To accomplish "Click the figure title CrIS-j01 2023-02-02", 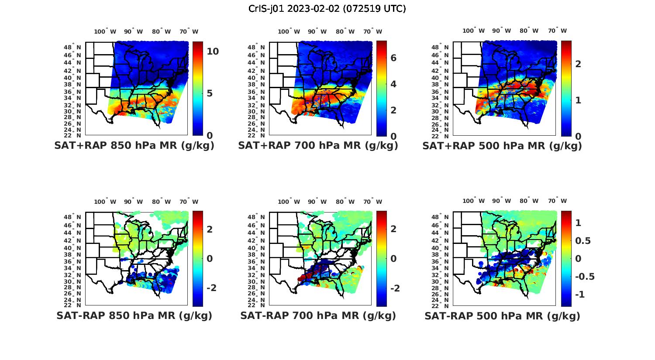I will click(327, 9).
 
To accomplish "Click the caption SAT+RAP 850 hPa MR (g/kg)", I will click(134, 146).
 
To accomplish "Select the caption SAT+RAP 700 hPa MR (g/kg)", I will click(318, 146).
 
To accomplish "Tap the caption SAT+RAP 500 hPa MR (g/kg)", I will click(502, 146).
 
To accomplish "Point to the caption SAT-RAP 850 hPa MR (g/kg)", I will click(134, 315).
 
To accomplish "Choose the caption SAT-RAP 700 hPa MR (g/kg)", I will click(318, 315).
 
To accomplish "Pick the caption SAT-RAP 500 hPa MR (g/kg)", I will click(502, 315).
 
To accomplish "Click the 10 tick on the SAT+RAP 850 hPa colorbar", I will click(213, 51).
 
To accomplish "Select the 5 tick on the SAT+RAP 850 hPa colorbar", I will click(210, 93).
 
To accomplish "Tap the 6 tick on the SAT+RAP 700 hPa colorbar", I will click(393, 58).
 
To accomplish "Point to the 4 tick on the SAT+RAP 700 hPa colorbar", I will click(393, 84).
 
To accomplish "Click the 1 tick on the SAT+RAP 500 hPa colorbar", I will click(578, 100).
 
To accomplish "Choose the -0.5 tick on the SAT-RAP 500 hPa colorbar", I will click(585, 277).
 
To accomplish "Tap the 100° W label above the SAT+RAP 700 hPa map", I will click(289, 31).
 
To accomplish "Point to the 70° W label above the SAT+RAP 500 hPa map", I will click(557, 31).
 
